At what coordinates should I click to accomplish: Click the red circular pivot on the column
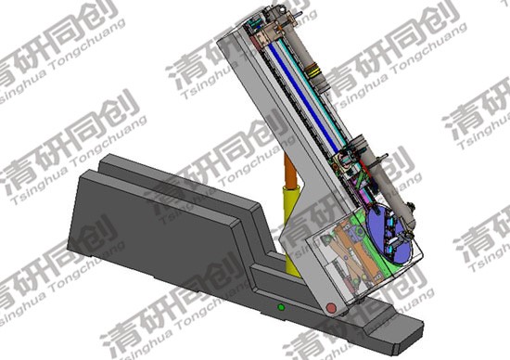pyautogui.click(x=331, y=308)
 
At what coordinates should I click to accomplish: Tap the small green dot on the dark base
pyautogui.click(x=281, y=307)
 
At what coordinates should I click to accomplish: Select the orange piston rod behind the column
pyautogui.click(x=290, y=172)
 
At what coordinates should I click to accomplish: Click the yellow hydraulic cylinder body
pyautogui.click(x=292, y=228)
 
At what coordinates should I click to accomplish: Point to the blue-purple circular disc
pyautogui.click(x=389, y=235)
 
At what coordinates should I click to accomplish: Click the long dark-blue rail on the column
pyautogui.click(x=304, y=96)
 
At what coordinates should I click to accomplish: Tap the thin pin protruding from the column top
pyautogui.click(x=297, y=14)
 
